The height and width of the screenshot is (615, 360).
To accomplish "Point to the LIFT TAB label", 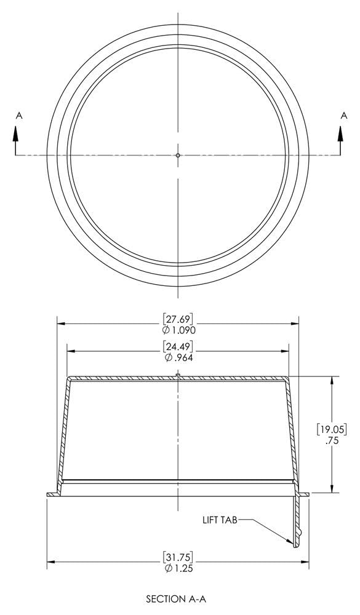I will tap(220, 520).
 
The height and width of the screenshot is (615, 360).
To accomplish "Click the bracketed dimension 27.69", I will tap(178, 319).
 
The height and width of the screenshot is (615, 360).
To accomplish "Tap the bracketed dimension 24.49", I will tap(178, 346).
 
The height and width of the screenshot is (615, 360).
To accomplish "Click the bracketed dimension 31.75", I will tap(178, 557).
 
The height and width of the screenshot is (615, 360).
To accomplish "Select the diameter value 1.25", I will tap(183, 568).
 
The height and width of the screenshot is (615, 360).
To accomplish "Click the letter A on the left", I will tap(19, 114).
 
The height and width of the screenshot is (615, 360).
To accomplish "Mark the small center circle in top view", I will tap(178, 155).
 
